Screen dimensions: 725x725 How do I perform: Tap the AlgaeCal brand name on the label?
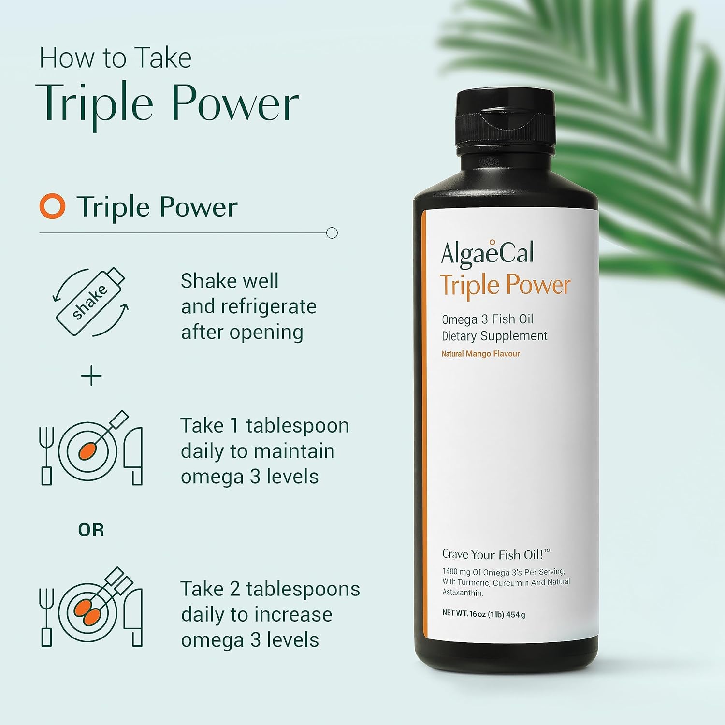click(x=487, y=253)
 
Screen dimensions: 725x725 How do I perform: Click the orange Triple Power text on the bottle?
click(x=505, y=286)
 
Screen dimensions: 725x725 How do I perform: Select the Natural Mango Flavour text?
click(x=480, y=354)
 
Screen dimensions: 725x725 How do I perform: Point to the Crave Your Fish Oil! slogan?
click(x=496, y=554)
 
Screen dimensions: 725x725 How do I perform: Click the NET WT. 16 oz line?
click(x=484, y=614)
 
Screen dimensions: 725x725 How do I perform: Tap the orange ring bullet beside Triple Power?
click(x=52, y=206)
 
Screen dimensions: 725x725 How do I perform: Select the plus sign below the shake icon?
click(x=91, y=376)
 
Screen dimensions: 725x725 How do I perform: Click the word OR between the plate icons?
click(x=91, y=530)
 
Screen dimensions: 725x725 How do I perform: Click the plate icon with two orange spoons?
click(x=91, y=608)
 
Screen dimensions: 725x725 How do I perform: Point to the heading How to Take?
click(x=116, y=58)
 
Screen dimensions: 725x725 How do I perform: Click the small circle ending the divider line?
click(x=332, y=233)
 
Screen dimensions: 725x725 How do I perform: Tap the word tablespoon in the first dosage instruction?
click(x=297, y=426)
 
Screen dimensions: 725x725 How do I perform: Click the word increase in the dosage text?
click(x=293, y=615)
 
